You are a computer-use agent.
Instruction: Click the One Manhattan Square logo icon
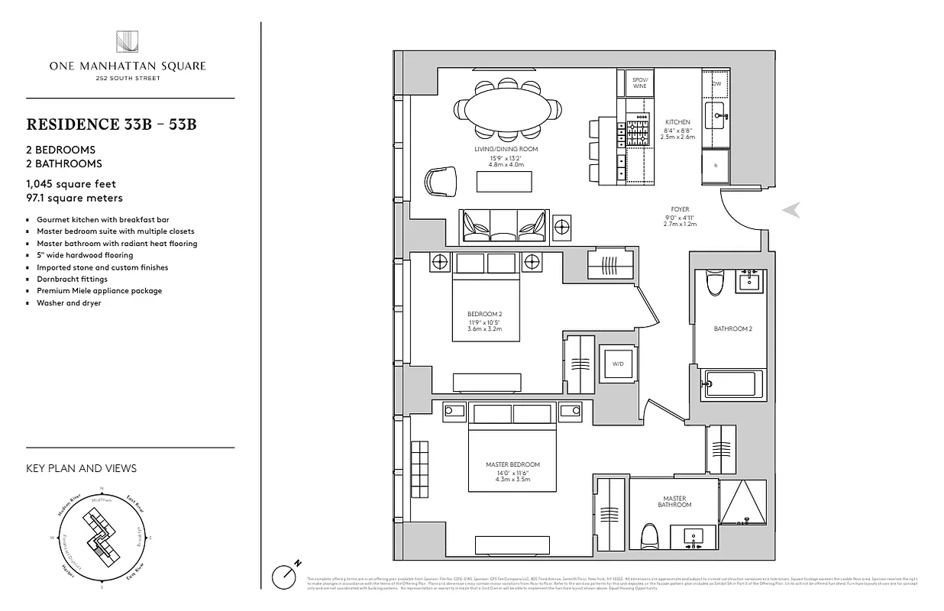127,43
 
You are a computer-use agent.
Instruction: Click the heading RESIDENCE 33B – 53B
112,124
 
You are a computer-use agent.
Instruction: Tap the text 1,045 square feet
71,184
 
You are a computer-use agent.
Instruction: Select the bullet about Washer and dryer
69,302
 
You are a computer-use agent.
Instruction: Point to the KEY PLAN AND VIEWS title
81,468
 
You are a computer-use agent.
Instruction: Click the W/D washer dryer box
618,364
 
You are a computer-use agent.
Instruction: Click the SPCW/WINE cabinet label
639,82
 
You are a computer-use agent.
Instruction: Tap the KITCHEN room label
677,122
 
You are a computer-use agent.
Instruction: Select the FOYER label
680,209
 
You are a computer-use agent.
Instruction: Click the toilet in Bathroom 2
716,283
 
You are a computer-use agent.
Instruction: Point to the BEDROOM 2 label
484,314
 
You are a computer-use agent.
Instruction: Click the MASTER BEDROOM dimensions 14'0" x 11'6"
512,474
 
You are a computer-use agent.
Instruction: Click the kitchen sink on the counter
715,117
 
